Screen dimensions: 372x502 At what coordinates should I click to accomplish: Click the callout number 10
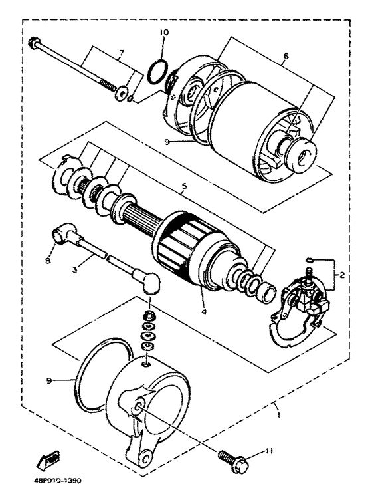point(164,33)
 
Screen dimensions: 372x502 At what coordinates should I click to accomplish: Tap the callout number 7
point(122,52)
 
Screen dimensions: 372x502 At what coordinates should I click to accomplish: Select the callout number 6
point(286,56)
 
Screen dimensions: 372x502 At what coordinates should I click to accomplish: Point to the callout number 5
point(183,186)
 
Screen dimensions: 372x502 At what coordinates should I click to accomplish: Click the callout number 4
point(204,311)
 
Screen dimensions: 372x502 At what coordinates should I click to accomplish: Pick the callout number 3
point(75,269)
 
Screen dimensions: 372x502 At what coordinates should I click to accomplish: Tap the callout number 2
point(341,275)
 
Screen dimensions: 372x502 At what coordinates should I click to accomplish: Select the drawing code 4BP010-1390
point(56,481)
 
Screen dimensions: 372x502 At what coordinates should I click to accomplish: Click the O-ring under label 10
point(157,72)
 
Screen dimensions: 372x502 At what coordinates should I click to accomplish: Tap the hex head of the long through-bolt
point(34,43)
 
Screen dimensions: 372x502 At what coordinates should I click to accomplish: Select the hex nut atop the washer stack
point(147,316)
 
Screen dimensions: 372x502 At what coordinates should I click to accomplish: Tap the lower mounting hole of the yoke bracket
point(145,457)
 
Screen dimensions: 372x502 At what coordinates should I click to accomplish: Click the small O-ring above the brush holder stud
point(309,259)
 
